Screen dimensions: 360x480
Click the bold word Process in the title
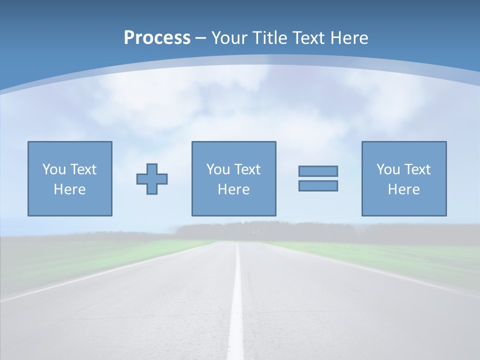[157, 38]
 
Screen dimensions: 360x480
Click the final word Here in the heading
[350, 38]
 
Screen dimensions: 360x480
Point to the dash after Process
[200, 38]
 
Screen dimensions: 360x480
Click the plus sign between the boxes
[152, 179]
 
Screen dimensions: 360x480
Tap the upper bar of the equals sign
[318, 171]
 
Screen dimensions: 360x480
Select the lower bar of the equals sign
[318, 185]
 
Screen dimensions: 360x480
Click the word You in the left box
[54, 169]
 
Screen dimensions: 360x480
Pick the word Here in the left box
[69, 189]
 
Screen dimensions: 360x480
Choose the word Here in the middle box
[233, 189]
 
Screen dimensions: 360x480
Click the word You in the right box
[388, 169]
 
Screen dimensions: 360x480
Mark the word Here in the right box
[403, 189]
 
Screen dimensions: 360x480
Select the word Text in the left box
[83, 169]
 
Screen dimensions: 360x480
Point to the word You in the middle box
[218, 169]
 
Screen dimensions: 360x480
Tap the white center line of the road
[236, 310]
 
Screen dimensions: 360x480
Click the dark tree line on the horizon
[265, 231]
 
